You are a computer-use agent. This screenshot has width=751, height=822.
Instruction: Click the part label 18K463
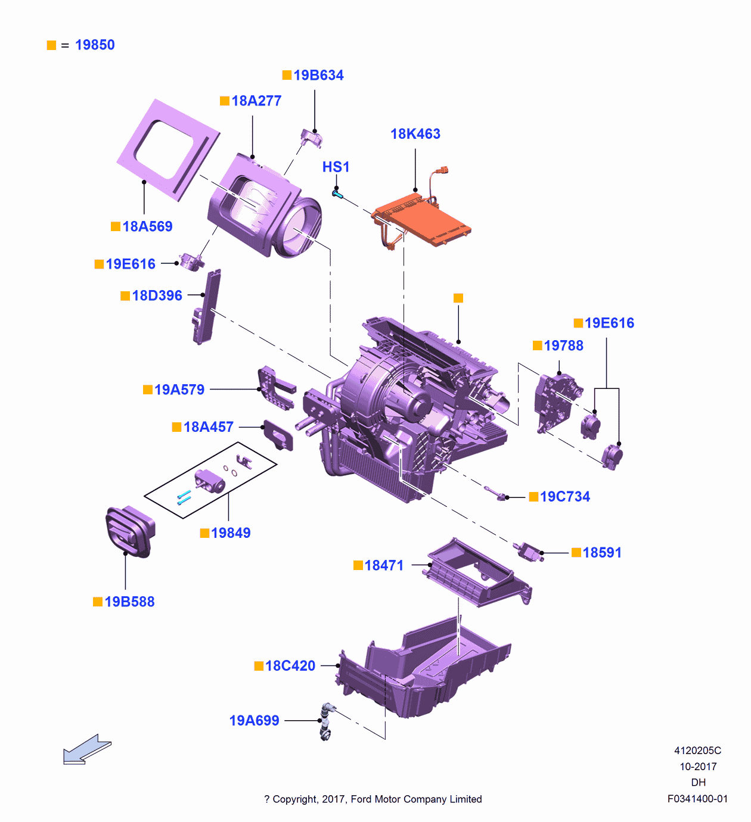click(x=415, y=134)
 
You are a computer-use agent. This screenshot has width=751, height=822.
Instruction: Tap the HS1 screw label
click(x=336, y=167)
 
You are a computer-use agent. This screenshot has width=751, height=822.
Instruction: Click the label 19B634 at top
click(x=318, y=76)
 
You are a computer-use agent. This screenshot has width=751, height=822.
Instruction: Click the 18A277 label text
click(x=256, y=101)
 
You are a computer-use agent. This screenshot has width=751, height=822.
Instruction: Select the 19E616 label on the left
click(x=130, y=264)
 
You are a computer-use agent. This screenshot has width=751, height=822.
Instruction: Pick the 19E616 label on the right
click(x=609, y=323)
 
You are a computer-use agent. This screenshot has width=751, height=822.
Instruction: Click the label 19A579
click(x=179, y=390)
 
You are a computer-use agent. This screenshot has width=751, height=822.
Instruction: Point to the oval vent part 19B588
click(x=129, y=531)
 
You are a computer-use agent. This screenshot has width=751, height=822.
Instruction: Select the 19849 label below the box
click(x=230, y=533)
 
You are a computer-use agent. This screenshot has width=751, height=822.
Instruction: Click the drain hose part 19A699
click(x=326, y=721)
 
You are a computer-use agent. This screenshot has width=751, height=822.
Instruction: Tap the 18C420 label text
click(x=290, y=666)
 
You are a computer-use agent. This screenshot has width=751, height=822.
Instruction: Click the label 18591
click(x=601, y=553)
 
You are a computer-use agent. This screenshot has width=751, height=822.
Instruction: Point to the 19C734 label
click(x=564, y=497)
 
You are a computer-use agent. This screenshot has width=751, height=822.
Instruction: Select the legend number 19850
click(x=95, y=45)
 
